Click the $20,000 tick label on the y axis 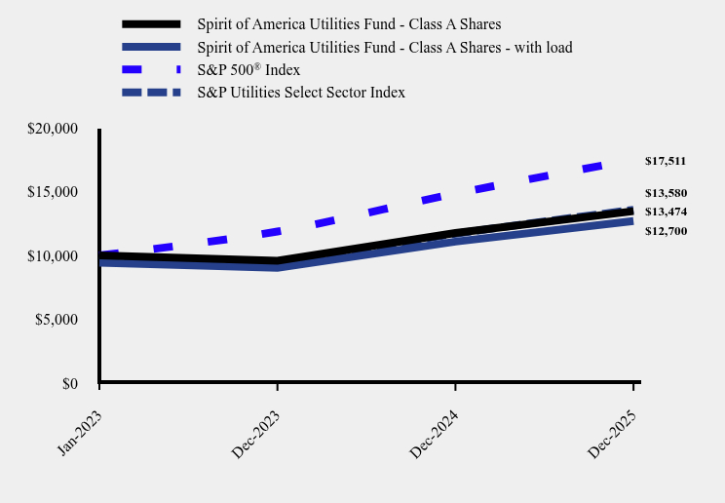pos(53,129)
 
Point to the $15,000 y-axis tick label pos(53,192)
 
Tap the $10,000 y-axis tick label pos(53,256)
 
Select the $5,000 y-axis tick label pos(57,320)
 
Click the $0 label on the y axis pos(69,384)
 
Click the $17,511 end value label pos(666,161)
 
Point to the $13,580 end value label pos(666,193)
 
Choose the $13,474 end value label pos(666,212)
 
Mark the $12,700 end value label pos(666,231)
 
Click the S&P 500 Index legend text pos(248,70)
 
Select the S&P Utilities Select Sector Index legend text pos(300,93)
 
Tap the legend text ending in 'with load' pos(384,47)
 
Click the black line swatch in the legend pos(151,23)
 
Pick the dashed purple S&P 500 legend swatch pos(151,70)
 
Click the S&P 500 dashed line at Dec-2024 pos(456,196)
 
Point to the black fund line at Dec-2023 pos(278,261)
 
